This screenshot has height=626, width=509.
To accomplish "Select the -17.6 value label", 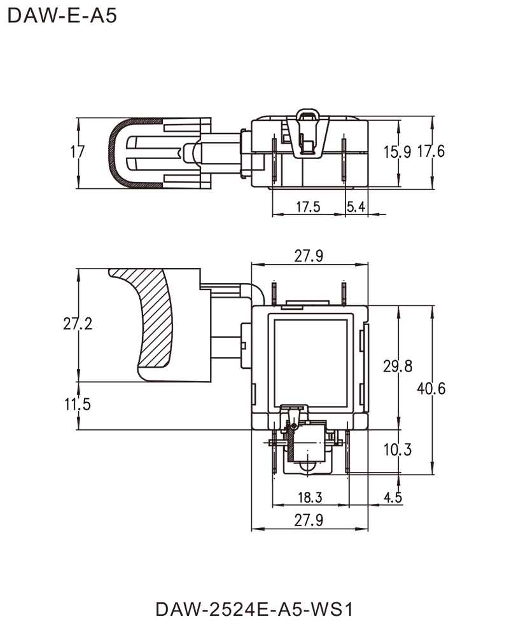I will (431, 153).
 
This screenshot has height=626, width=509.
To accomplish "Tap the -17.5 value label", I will (308, 205).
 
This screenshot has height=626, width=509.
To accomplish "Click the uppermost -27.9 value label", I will (310, 256).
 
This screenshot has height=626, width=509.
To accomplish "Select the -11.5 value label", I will (76, 404).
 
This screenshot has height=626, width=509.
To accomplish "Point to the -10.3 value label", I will (398, 450).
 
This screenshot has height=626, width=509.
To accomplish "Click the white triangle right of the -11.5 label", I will (101, 406).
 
